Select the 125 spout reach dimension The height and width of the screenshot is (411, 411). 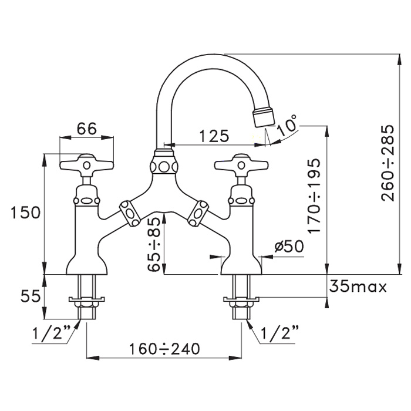(214, 136)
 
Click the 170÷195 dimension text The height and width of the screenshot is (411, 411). (315, 196)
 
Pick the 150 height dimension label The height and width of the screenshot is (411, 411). (25, 212)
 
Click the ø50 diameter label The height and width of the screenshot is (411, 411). (289, 247)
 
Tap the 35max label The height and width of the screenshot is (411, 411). (358, 287)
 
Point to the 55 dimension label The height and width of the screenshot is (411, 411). (25, 295)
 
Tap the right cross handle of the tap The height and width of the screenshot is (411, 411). (241, 163)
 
